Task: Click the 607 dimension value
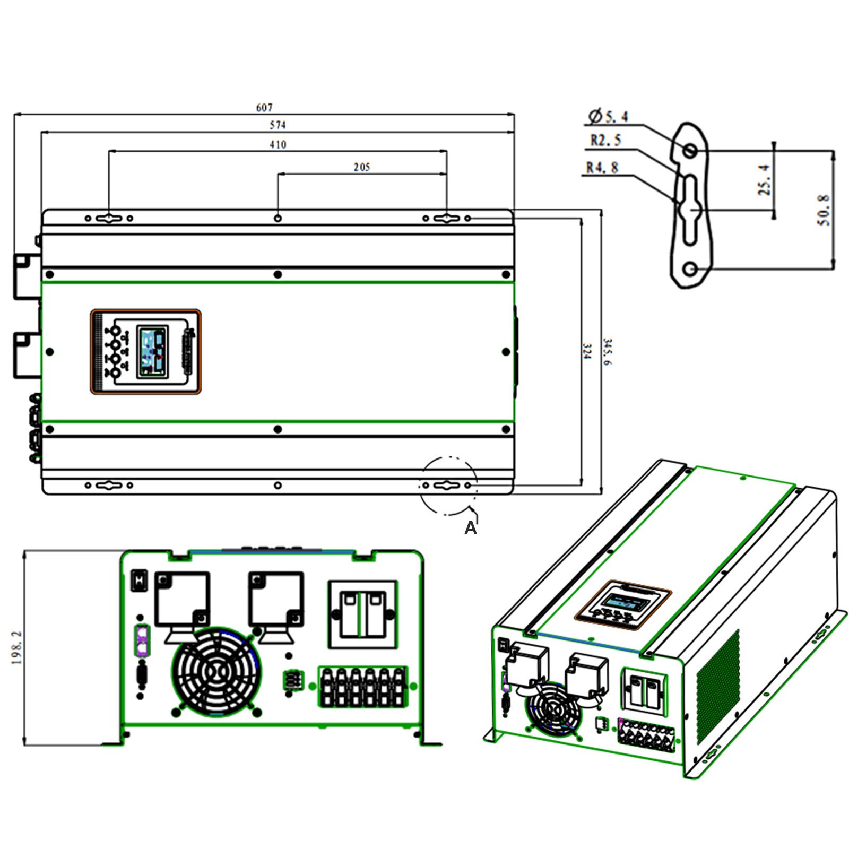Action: (264, 108)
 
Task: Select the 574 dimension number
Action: (278, 125)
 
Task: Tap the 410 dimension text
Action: (278, 144)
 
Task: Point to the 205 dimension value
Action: (361, 167)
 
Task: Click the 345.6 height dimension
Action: (607, 351)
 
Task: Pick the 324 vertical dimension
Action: (586, 351)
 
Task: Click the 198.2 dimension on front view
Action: (17, 648)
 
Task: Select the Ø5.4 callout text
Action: (609, 116)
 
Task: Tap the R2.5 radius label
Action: (605, 141)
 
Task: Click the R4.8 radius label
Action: (602, 168)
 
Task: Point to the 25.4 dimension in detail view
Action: (764, 179)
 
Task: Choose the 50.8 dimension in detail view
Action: (823, 210)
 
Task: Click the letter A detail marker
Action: (470, 527)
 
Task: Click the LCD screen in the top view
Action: (152, 352)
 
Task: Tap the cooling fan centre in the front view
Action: (216, 672)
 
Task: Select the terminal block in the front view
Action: (363, 687)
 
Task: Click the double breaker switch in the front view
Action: (363, 614)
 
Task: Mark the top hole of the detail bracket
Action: (690, 150)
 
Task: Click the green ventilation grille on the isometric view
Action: (717, 687)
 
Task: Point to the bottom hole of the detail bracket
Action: (690, 269)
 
